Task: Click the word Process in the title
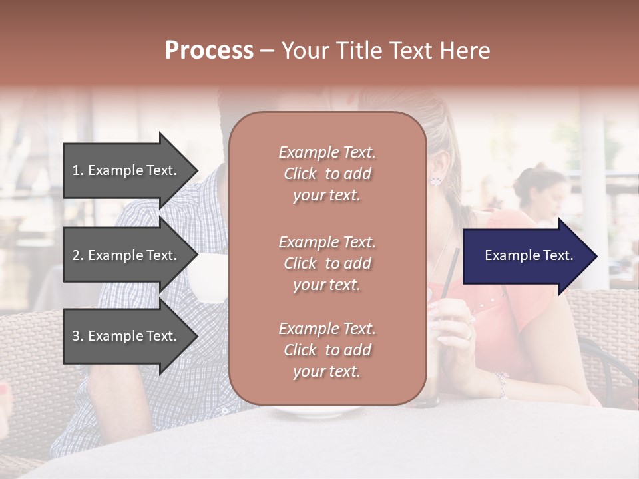click(209, 51)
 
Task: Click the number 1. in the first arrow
click(78, 170)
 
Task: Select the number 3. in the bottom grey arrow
click(78, 336)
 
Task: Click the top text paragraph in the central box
click(327, 174)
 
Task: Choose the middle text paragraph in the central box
click(327, 263)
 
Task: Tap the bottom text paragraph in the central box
click(327, 350)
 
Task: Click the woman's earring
click(437, 180)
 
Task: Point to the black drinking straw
click(451, 273)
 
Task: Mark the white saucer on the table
click(313, 412)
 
